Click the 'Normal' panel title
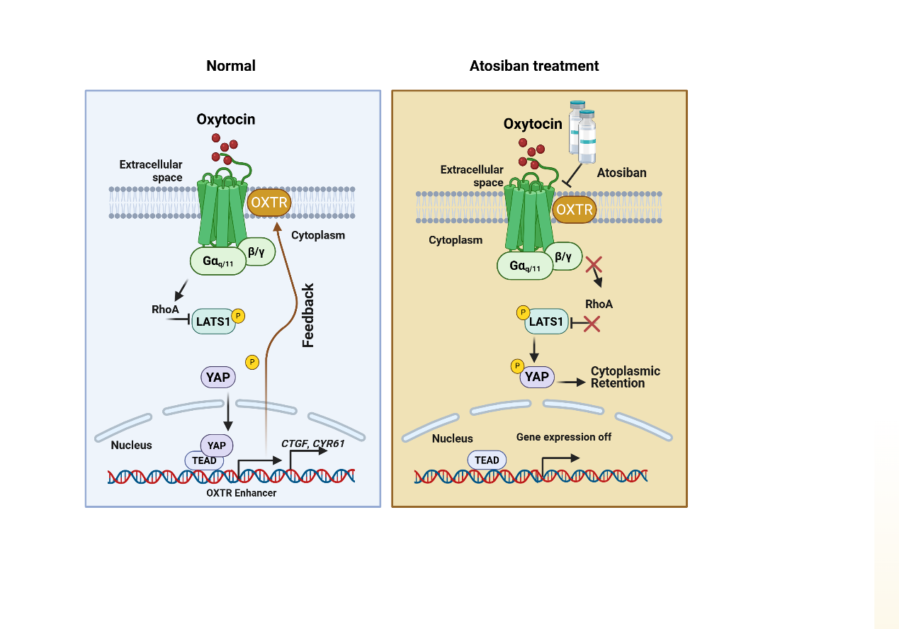pos(230,66)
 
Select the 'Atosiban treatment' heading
pos(534,66)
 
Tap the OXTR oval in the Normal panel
pos(268,203)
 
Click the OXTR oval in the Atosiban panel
pos(575,210)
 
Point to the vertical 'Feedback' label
pos(308,316)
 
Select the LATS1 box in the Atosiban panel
pos(546,322)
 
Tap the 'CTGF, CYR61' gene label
pos(312,443)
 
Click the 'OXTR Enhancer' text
pos(242,493)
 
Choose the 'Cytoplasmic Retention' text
pos(625,377)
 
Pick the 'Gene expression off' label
pos(564,437)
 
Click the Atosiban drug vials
pos(582,132)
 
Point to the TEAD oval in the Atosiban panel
pos(487,460)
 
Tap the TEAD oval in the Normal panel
pos(205,460)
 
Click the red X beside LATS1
pos(591,324)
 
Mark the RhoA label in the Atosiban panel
pos(599,304)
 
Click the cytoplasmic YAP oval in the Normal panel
pos(218,377)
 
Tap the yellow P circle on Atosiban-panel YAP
pos(518,365)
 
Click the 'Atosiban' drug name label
pos(621,173)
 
